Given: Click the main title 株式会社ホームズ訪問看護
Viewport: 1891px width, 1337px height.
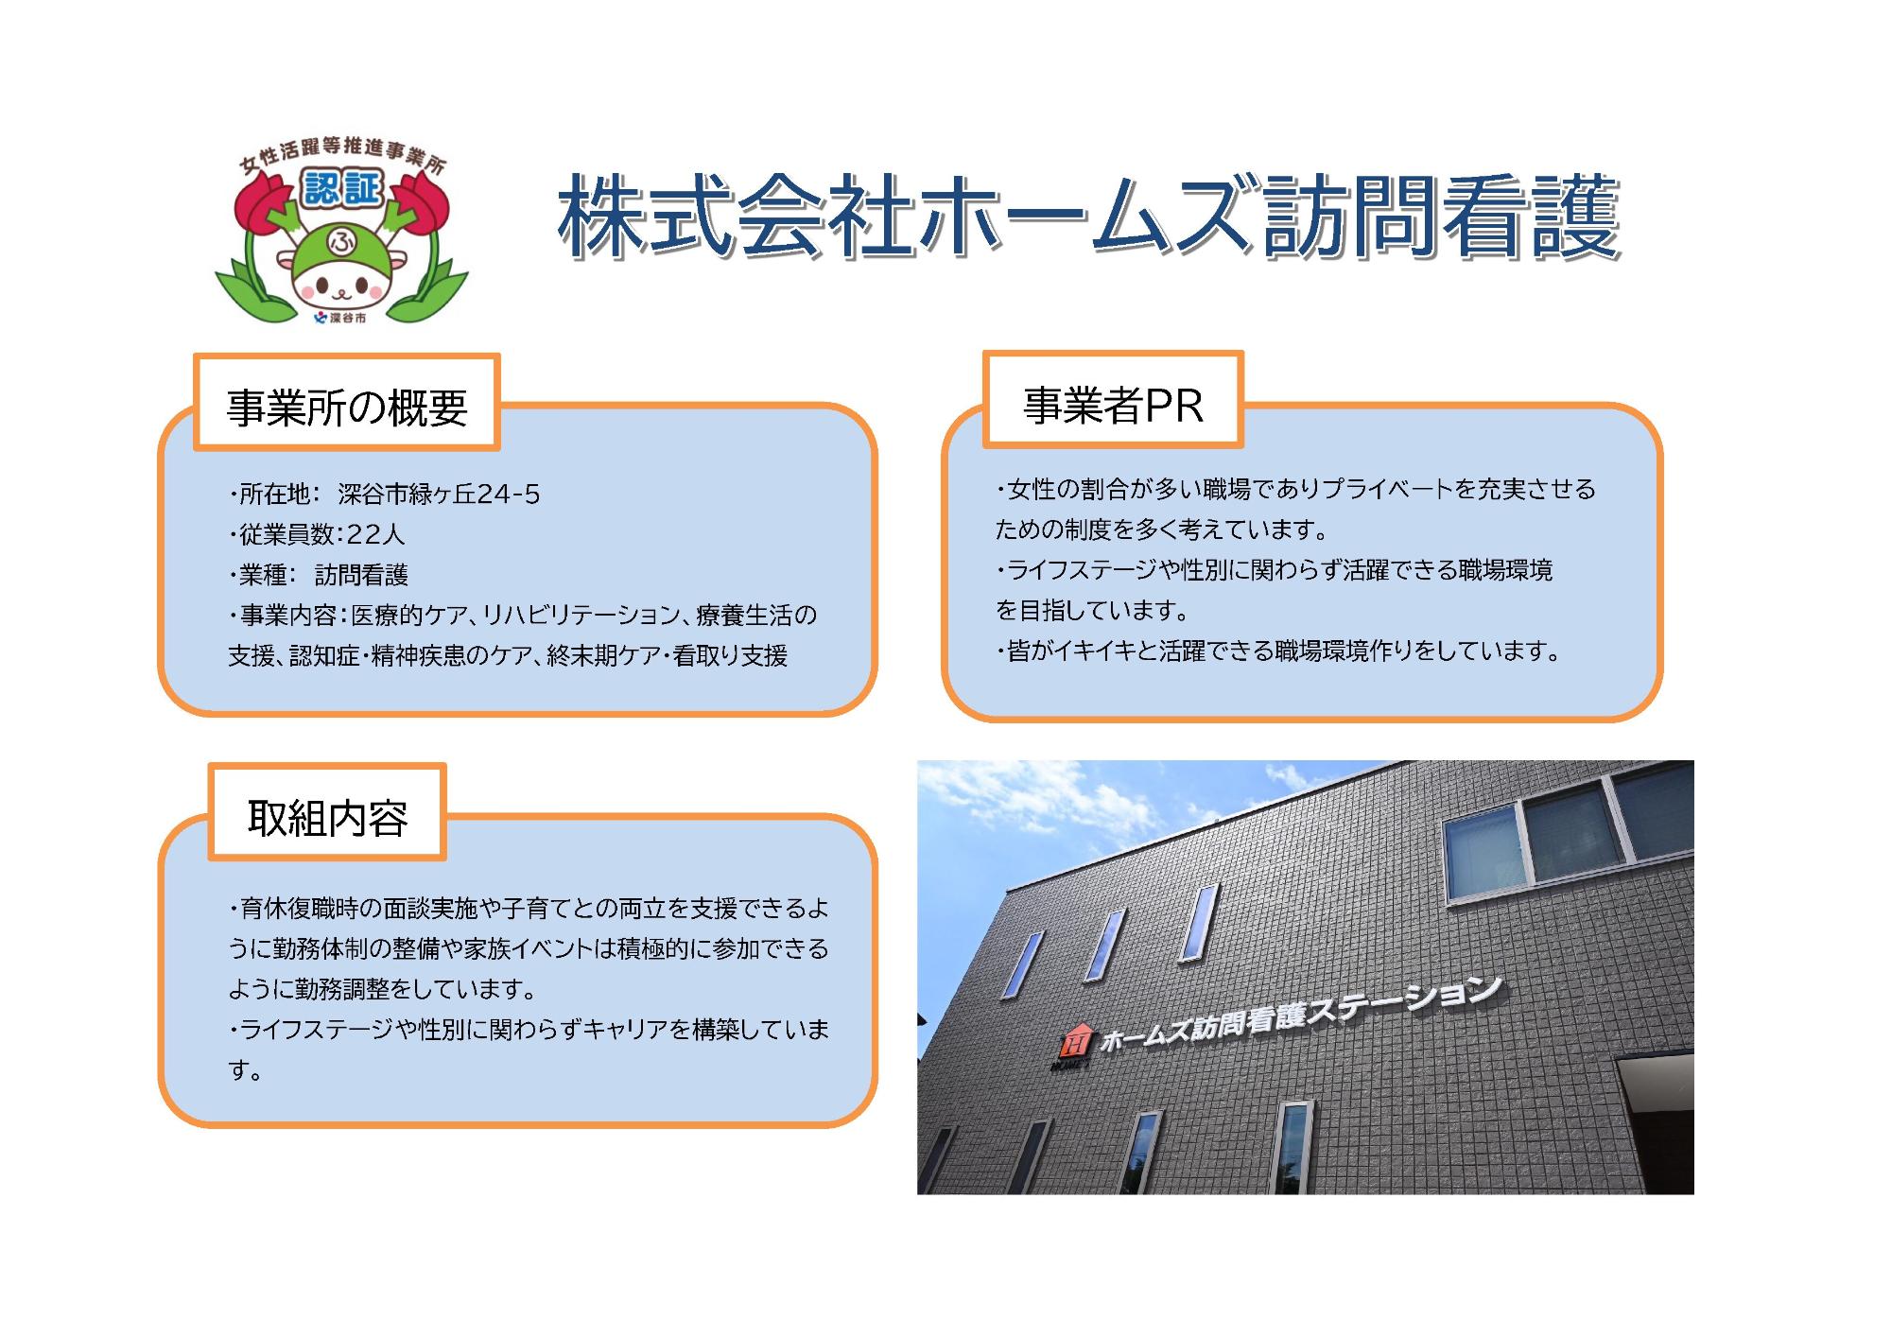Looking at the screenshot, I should pyautogui.click(x=1087, y=217).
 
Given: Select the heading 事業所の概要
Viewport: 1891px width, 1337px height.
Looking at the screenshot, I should pyautogui.click(x=347, y=407).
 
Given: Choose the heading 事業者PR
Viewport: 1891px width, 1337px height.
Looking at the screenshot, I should pyautogui.click(x=1113, y=405).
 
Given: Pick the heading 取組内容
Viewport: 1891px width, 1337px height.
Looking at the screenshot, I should pyautogui.click(x=327, y=817).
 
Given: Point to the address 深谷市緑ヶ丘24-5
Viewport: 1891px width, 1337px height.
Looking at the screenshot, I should pyautogui.click(x=439, y=494).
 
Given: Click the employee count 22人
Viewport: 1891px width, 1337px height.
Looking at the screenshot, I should pyautogui.click(x=375, y=534).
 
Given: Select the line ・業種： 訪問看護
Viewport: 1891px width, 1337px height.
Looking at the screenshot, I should pyautogui.click(x=319, y=575).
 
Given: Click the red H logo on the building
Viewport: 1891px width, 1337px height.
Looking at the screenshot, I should pyautogui.click(x=1076, y=1041).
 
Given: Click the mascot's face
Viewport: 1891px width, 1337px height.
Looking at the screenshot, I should pyautogui.click(x=341, y=283).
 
